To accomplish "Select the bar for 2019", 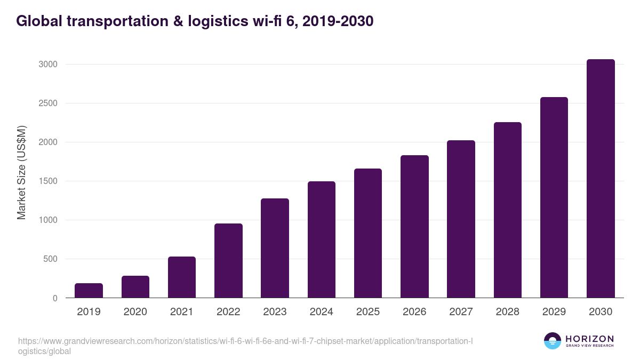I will [x=89, y=291].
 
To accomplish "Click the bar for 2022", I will [x=228, y=261].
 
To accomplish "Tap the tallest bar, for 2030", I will [x=601, y=179].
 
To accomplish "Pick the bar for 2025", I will [x=368, y=234].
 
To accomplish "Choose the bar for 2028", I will [x=508, y=210].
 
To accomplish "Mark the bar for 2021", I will [x=182, y=277].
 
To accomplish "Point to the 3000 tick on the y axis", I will [x=47, y=65].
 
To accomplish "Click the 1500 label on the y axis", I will [x=47, y=181].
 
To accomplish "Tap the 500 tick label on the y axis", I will [x=50, y=259].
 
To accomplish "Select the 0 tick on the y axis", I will [x=55, y=298].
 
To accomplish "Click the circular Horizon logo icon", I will [x=553, y=341].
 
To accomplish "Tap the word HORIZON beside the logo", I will [x=589, y=339].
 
